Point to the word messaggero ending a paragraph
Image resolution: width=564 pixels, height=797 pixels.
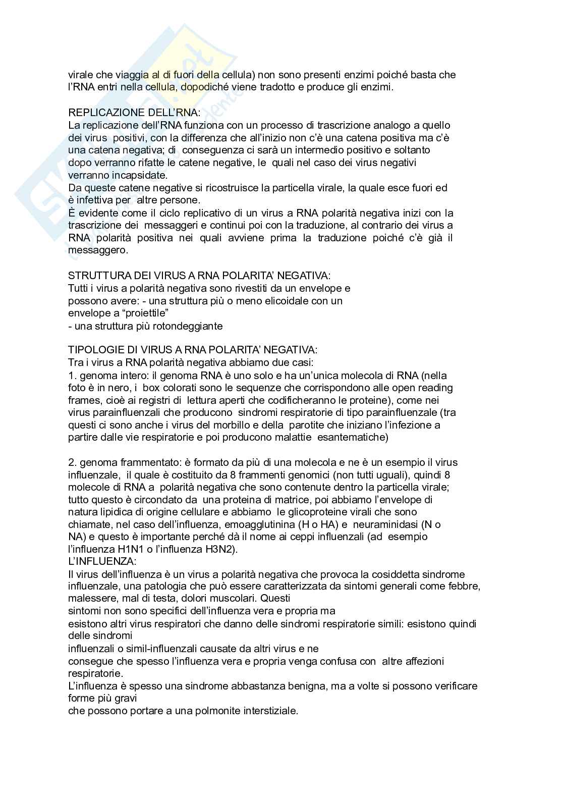98,250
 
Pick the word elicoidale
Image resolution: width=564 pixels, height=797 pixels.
277,301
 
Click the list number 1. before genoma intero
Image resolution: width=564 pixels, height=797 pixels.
72,376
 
